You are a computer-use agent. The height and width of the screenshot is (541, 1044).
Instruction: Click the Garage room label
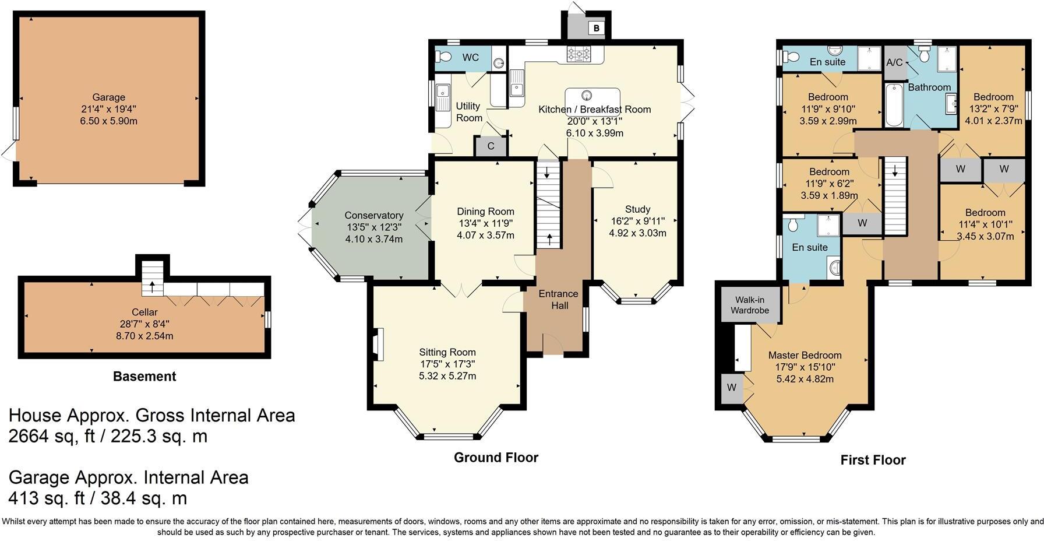108,97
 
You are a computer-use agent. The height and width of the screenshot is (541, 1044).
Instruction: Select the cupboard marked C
491,146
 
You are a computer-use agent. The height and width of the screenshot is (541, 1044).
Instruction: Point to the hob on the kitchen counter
579,54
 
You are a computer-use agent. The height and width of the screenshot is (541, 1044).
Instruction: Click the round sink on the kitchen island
587,94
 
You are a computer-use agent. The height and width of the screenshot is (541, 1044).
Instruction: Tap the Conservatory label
373,215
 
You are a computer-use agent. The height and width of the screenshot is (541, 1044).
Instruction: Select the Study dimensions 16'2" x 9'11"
637,221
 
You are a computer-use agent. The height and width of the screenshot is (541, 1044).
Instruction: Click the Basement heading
144,377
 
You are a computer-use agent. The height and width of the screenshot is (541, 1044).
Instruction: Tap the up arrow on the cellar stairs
153,286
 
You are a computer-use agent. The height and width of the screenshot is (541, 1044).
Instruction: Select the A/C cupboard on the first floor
894,62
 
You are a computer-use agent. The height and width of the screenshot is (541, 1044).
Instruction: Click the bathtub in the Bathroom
893,106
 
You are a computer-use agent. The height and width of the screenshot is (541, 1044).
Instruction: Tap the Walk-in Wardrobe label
750,305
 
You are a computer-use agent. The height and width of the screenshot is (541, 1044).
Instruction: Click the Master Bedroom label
805,355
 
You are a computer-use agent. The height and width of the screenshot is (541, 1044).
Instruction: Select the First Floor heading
873,460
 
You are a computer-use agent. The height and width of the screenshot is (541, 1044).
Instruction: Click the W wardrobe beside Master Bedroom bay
732,388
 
